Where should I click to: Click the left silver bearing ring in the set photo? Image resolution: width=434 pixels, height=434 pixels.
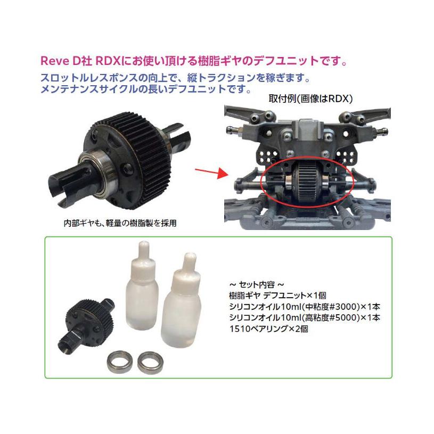point(120,361)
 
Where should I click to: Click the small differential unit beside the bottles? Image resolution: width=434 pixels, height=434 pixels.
point(89,323)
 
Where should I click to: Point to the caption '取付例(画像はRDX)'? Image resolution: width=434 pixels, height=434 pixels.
point(310,99)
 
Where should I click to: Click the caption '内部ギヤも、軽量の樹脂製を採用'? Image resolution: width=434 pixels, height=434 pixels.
point(120,223)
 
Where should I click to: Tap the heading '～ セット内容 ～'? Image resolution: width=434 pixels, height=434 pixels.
point(257,284)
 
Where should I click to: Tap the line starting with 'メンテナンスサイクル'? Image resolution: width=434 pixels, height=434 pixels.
point(146,89)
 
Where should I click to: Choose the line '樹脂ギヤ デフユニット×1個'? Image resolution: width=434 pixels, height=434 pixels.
point(277,296)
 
